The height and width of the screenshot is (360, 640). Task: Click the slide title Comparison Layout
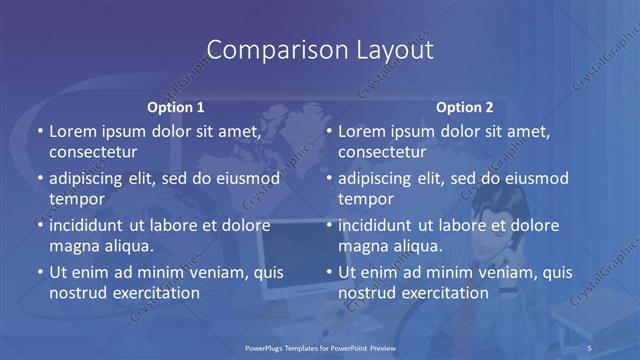[x=320, y=49]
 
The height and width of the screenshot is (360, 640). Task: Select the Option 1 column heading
[x=176, y=107]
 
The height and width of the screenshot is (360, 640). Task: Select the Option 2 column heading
[x=464, y=107]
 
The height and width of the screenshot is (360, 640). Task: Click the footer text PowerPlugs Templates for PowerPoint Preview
[x=320, y=346]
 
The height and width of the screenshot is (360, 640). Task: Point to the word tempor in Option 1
[x=77, y=199]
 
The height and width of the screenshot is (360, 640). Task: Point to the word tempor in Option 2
[x=366, y=199]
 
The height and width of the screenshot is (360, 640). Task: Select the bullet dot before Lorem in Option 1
[x=40, y=132]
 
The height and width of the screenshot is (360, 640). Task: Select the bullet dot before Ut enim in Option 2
[x=329, y=272]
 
